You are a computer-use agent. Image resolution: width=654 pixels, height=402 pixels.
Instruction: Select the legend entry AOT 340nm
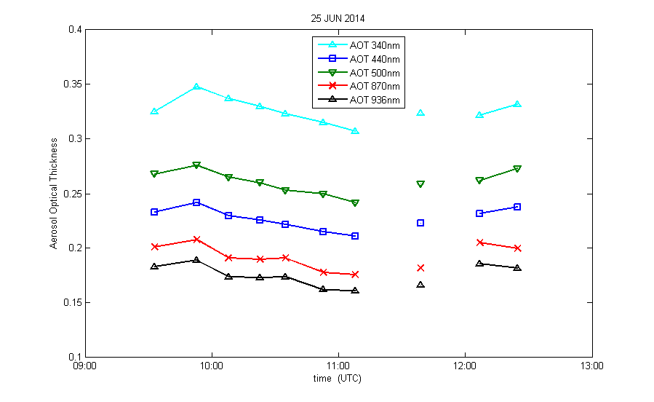click(x=374, y=45)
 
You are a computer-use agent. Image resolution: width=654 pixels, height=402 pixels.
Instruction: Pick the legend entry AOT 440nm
click(x=374, y=59)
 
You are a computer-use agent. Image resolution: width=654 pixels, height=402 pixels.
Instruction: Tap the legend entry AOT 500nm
click(x=374, y=73)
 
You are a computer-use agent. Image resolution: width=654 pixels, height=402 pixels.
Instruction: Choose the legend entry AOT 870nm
click(x=374, y=87)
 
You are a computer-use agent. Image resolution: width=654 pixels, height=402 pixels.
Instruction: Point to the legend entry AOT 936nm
click(x=374, y=100)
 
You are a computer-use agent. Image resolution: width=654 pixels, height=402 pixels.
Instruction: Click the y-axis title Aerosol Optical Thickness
click(x=54, y=193)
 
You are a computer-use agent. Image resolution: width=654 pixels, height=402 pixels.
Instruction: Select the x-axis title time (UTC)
click(x=337, y=379)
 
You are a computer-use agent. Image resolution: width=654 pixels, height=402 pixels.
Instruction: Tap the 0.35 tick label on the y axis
click(x=71, y=84)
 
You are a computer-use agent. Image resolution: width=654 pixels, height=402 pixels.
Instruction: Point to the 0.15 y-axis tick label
click(x=71, y=303)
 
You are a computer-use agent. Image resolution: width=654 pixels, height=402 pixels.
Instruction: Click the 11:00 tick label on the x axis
click(x=338, y=366)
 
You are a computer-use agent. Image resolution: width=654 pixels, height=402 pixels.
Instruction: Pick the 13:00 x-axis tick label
click(x=591, y=366)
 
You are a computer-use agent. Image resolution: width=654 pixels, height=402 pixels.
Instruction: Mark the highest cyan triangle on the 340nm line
click(x=196, y=87)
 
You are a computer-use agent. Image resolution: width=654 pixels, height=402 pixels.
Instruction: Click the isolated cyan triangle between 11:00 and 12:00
click(x=420, y=113)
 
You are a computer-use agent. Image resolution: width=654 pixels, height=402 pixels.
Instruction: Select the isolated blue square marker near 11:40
click(x=420, y=223)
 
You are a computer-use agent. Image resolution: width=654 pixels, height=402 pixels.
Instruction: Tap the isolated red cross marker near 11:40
click(x=420, y=268)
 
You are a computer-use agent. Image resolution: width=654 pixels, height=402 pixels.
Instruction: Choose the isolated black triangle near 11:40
click(x=420, y=285)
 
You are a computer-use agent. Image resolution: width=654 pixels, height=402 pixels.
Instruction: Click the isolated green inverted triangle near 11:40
click(x=420, y=184)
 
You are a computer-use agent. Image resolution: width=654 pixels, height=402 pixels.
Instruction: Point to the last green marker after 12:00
click(x=517, y=169)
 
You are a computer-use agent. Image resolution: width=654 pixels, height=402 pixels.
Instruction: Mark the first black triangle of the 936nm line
click(x=154, y=267)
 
